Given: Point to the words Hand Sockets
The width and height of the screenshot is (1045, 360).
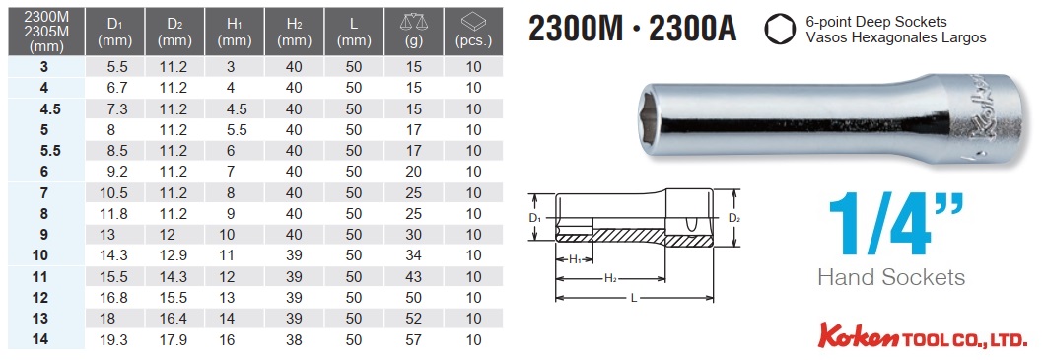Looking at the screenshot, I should click(890, 277).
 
